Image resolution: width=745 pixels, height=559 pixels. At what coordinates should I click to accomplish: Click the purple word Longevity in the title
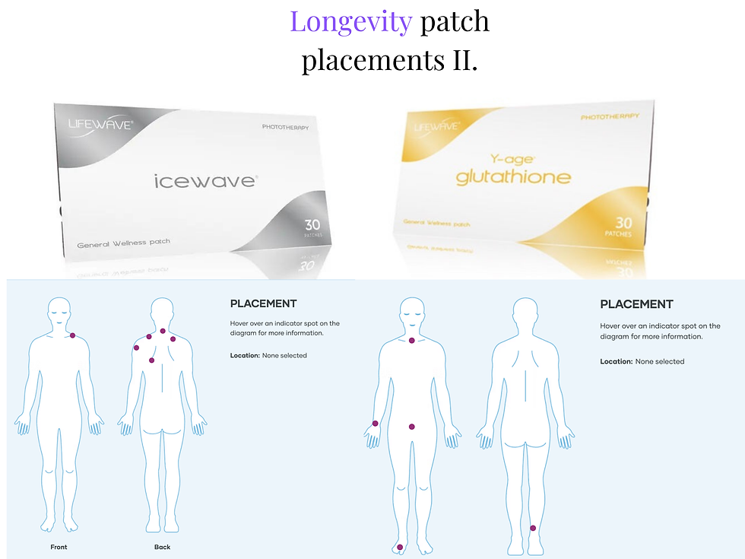[351, 22]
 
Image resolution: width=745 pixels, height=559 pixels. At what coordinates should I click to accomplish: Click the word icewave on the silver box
[205, 181]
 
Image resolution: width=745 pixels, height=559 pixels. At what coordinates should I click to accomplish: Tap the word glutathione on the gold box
[513, 176]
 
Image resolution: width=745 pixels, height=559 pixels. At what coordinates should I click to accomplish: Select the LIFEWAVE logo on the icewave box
[100, 125]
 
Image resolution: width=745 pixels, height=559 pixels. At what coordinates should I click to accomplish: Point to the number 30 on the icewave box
[312, 224]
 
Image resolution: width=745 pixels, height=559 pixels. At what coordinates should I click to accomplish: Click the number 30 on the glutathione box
[623, 222]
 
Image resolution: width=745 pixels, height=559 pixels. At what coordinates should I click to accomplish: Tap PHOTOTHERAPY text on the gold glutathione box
[610, 116]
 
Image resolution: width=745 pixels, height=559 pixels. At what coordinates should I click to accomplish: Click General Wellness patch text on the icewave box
[123, 243]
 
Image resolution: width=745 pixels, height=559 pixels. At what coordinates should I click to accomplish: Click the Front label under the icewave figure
[59, 547]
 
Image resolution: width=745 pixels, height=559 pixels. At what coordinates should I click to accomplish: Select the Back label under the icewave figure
[162, 547]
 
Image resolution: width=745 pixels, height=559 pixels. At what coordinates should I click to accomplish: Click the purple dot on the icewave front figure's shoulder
[73, 335]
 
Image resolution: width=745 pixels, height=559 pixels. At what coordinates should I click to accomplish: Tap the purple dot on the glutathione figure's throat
[412, 341]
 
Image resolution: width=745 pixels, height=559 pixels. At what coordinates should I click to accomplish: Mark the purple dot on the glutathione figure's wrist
[376, 424]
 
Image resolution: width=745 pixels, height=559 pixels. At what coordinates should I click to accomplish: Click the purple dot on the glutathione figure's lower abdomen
[412, 427]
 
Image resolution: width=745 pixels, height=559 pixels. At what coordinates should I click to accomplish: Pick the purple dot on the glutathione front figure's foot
[400, 547]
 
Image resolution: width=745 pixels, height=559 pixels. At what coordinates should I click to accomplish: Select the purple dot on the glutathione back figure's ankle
[533, 528]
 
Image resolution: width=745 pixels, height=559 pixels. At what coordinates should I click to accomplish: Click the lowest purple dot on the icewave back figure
[151, 360]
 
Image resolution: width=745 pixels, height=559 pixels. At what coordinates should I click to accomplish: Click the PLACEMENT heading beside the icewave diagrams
[263, 303]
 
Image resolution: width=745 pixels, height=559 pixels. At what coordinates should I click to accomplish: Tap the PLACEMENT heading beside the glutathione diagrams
[637, 304]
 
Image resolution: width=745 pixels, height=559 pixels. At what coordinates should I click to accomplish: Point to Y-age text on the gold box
[512, 159]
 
